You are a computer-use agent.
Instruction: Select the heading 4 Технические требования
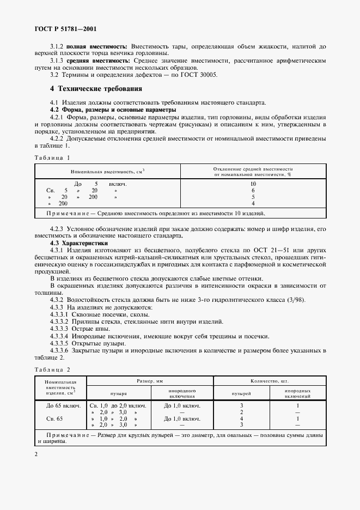point(96,88)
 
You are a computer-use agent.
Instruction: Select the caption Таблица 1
point(53,157)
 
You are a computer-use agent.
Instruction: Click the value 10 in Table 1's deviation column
point(253,184)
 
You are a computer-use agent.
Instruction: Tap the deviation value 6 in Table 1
point(253,190)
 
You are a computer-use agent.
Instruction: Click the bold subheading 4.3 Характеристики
point(79,242)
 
